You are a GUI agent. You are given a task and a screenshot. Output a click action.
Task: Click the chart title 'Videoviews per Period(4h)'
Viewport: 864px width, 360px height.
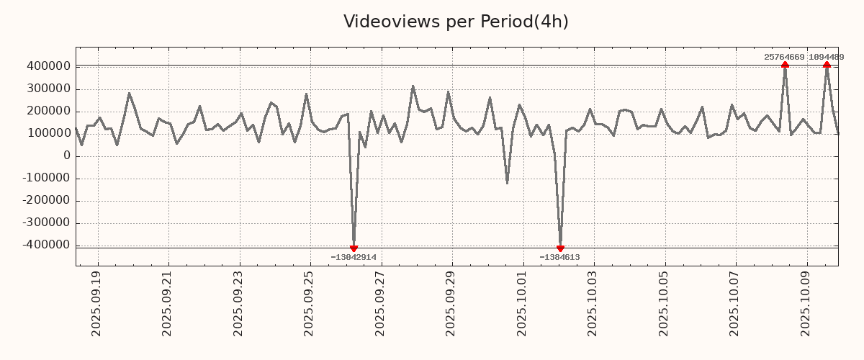456,22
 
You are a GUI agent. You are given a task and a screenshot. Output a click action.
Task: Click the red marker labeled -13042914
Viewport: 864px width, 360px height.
354,248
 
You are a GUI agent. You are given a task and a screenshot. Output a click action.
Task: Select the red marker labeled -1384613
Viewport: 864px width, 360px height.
560,248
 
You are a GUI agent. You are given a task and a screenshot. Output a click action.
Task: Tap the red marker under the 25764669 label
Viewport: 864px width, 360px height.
785,65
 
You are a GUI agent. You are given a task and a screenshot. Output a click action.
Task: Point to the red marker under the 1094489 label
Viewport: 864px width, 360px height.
827,65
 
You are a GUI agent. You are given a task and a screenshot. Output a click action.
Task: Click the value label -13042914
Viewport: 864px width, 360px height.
354,257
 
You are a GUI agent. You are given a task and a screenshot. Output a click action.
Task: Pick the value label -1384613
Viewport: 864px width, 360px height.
559,257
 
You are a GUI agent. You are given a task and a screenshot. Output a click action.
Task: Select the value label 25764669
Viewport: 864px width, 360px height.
785,57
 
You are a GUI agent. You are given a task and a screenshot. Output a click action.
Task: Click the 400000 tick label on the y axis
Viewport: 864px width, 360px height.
48,66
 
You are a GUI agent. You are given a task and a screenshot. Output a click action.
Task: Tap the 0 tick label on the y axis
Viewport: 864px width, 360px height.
66,156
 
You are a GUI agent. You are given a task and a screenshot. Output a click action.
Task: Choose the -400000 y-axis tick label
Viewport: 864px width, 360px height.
45,245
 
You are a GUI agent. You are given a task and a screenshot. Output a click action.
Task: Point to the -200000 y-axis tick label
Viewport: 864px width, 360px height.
45,200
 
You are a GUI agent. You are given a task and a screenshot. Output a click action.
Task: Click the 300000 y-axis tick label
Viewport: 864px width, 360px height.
48,89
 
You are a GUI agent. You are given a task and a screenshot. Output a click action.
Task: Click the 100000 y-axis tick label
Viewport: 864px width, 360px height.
48,133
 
